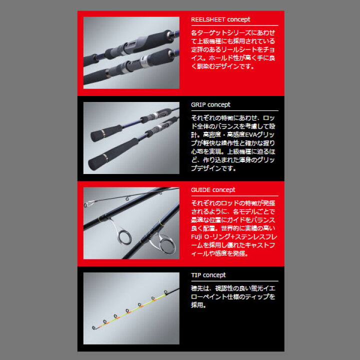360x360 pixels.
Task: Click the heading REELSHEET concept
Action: pyautogui.click(x=220, y=19)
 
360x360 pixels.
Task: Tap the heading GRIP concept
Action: pyautogui.click(x=210, y=104)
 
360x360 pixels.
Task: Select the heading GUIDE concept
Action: pyautogui.click(x=213, y=190)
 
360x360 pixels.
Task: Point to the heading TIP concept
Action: pyautogui.click(x=208, y=275)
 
